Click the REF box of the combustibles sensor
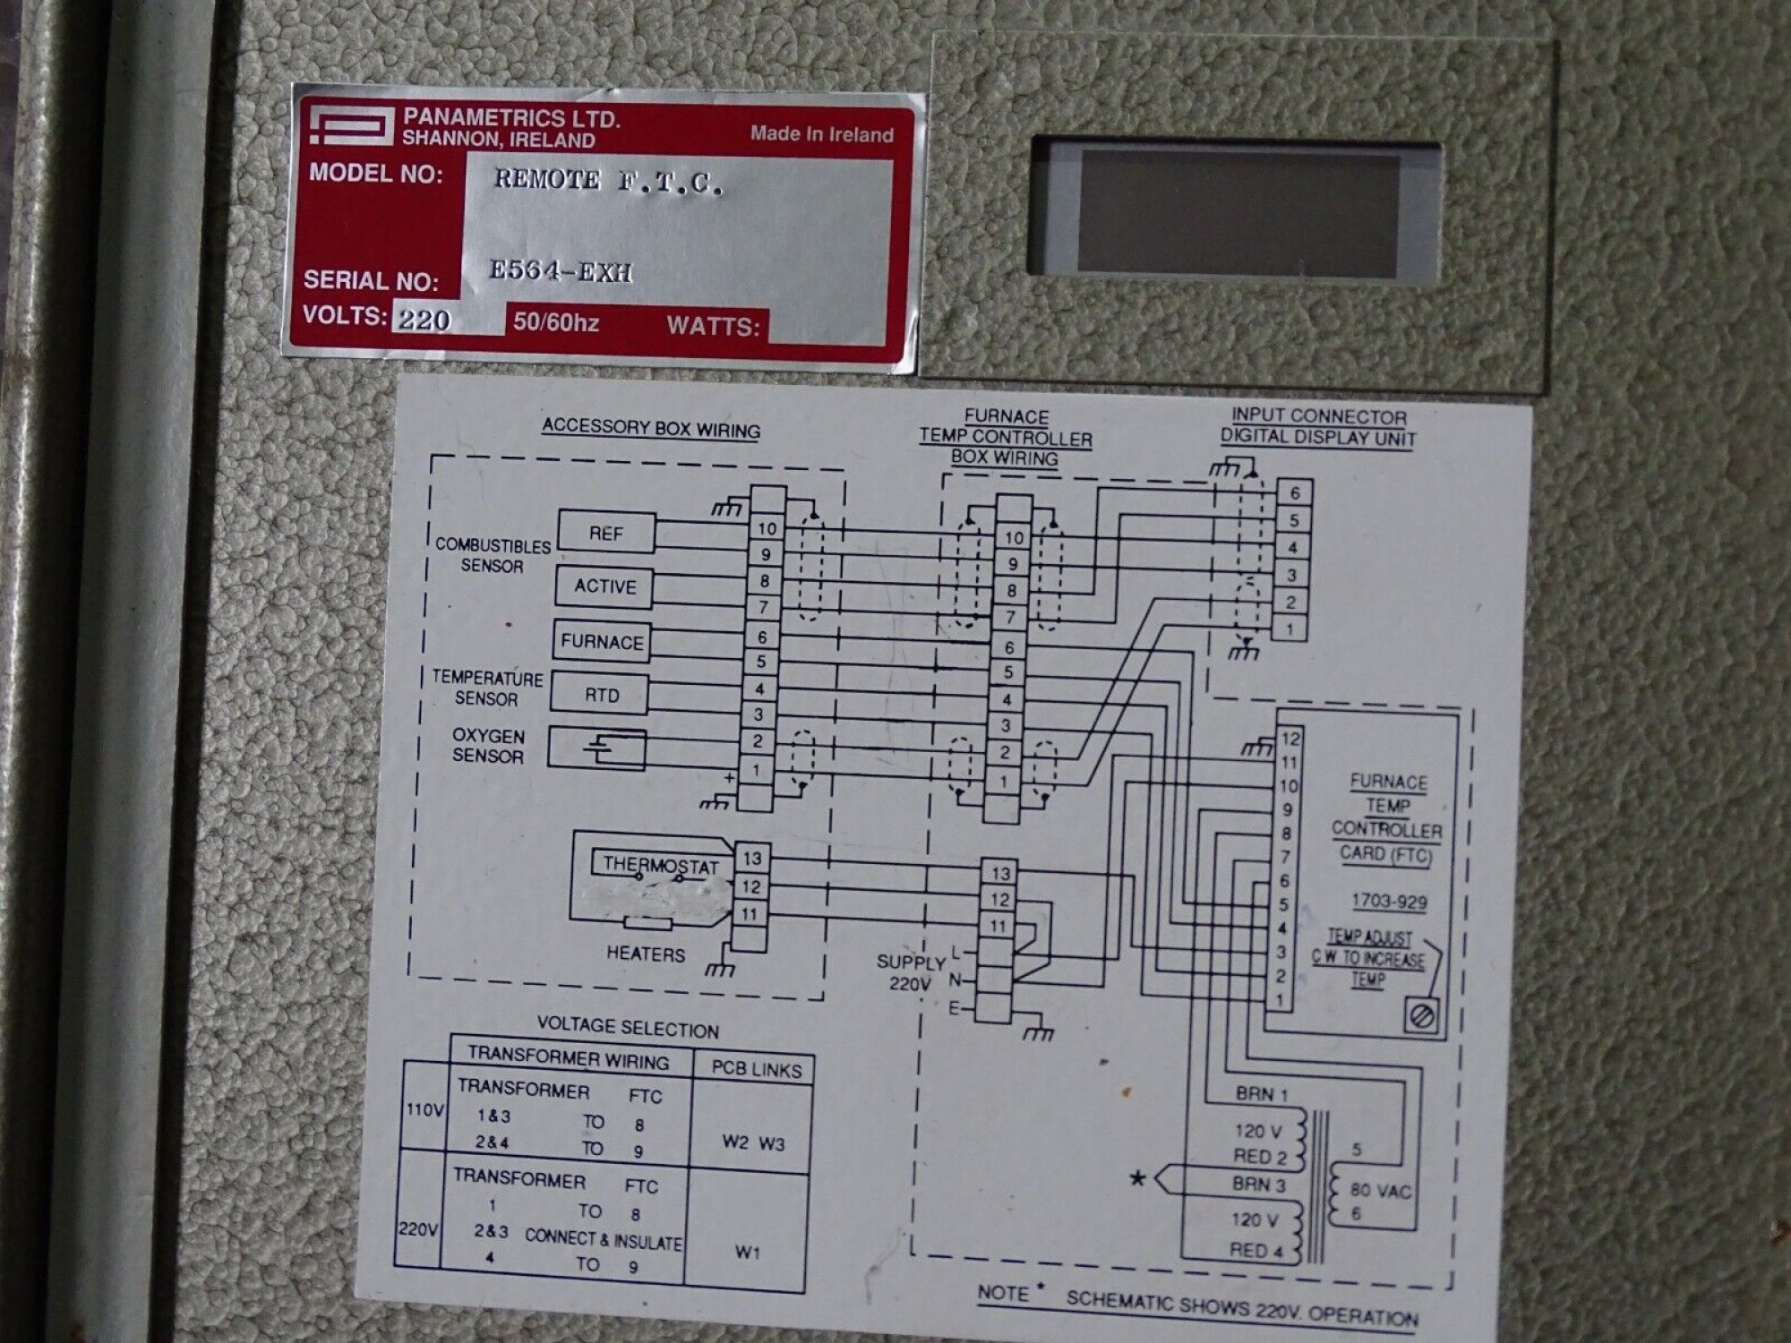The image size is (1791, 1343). coord(606,534)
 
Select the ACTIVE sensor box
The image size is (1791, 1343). coord(604,586)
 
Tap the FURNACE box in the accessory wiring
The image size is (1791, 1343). coord(602,642)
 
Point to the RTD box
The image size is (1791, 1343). coord(601,696)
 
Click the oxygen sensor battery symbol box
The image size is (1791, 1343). coord(597,748)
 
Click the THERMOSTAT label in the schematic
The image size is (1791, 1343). coord(660,865)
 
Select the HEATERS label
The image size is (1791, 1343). coord(645,954)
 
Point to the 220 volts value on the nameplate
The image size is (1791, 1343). coord(424,320)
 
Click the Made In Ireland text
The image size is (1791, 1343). coord(821,134)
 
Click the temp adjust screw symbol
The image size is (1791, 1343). coord(1422,1016)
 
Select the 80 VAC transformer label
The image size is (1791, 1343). coord(1381,1192)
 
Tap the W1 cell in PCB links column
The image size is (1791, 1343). coord(747,1252)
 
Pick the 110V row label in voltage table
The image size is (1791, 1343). coord(424,1110)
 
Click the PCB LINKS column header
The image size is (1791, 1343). coord(756,1069)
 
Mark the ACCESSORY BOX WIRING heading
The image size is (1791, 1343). coord(651,428)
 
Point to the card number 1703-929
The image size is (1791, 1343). coord(1389,902)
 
